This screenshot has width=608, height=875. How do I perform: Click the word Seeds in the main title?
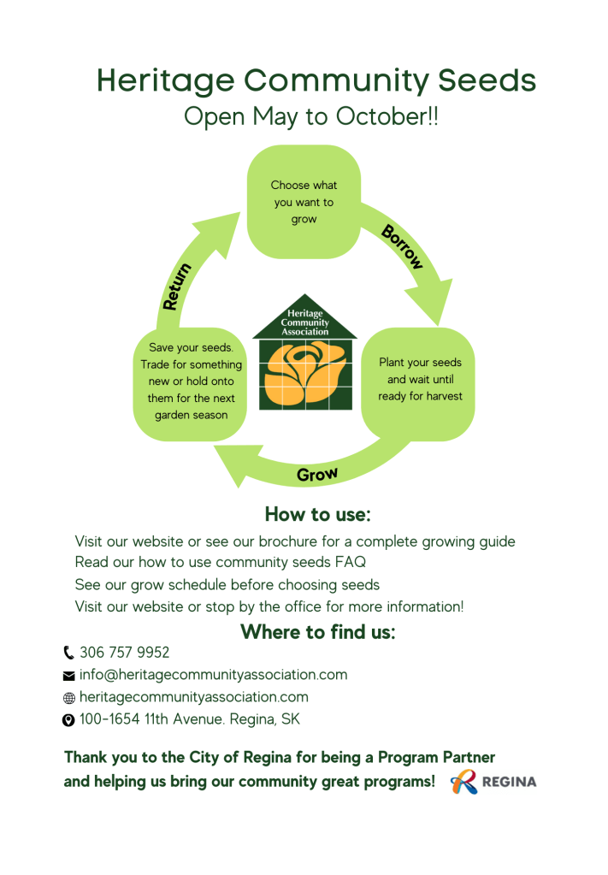pyautogui.click(x=487, y=80)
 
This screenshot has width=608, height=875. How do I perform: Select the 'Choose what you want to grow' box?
pyautogui.click(x=304, y=202)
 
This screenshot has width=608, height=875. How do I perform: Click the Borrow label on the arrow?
pyautogui.click(x=402, y=246)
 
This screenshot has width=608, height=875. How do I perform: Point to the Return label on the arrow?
pyautogui.click(x=177, y=287)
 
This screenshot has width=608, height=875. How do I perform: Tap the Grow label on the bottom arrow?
pyautogui.click(x=317, y=475)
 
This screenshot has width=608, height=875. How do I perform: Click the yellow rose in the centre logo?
pyautogui.click(x=304, y=373)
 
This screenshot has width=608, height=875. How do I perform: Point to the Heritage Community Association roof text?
pyautogui.click(x=304, y=322)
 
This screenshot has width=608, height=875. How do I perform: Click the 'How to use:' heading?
pyautogui.click(x=318, y=514)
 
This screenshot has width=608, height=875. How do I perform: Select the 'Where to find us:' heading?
pyautogui.click(x=318, y=632)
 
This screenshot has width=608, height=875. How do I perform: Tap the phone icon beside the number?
pyautogui.click(x=68, y=653)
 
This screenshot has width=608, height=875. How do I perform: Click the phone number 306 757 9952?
pyautogui.click(x=124, y=653)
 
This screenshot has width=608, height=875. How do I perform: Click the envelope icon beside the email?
pyautogui.click(x=68, y=676)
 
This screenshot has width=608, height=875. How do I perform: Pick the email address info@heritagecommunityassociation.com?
pyautogui.click(x=213, y=675)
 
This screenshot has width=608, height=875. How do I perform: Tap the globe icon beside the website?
pyautogui.click(x=68, y=698)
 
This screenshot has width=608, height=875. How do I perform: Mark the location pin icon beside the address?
pyautogui.click(x=68, y=720)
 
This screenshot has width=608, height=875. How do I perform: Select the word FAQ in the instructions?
pyautogui.click(x=351, y=562)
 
